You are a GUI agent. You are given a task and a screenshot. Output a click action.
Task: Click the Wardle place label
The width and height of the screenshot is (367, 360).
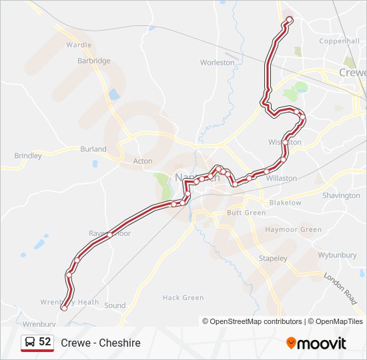pyautogui.click(x=79, y=45)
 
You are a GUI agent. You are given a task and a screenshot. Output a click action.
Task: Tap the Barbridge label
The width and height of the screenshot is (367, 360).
pyautogui.click(x=93, y=61)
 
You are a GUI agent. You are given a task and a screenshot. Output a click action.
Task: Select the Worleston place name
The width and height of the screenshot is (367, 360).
pyautogui.click(x=218, y=63)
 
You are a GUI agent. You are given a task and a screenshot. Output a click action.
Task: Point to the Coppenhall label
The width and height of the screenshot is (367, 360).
pyautogui.click(x=340, y=41)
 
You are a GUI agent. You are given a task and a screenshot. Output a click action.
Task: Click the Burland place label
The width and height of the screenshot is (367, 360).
pyautogui.click(x=93, y=149)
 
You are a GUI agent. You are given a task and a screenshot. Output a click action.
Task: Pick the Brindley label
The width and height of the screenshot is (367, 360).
pyautogui.click(x=28, y=156)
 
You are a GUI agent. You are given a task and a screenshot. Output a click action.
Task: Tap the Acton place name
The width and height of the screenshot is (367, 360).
pyautogui.click(x=143, y=161)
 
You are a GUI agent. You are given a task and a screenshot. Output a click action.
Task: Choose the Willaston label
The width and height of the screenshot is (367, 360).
pyautogui.click(x=281, y=179)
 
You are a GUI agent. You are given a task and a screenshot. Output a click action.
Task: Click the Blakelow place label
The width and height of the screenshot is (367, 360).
pyautogui.click(x=285, y=203)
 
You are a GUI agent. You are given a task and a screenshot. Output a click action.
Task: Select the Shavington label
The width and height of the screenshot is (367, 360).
pyautogui.click(x=341, y=195)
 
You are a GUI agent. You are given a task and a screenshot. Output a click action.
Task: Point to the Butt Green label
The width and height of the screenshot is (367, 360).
pyautogui.click(x=246, y=213)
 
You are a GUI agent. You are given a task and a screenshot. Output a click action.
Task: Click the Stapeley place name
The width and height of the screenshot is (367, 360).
pyautogui.click(x=273, y=258)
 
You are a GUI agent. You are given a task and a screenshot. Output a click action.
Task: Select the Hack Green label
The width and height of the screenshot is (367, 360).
pyautogui.click(x=183, y=298)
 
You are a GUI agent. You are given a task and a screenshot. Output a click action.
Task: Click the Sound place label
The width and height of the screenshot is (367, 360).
pyautogui.click(x=115, y=306)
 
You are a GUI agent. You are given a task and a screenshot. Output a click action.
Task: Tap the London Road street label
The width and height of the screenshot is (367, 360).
pyautogui.click(x=340, y=285)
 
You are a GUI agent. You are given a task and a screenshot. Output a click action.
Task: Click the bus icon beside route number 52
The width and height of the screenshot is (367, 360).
pyautogui.click(x=30, y=342)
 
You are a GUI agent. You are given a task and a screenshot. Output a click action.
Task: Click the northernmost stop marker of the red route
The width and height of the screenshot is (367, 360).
pyautogui.click(x=289, y=19)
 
